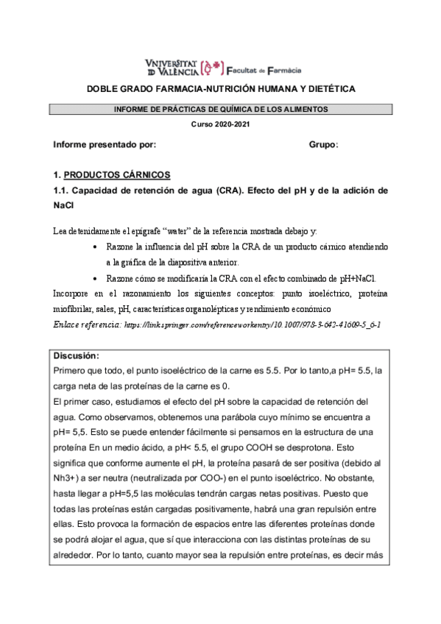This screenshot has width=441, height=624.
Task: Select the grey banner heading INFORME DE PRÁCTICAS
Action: (221, 110)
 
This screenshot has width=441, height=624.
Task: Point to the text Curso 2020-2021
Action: (221, 124)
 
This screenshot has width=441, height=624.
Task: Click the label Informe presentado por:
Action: (105, 144)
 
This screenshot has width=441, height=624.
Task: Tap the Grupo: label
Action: (323, 144)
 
